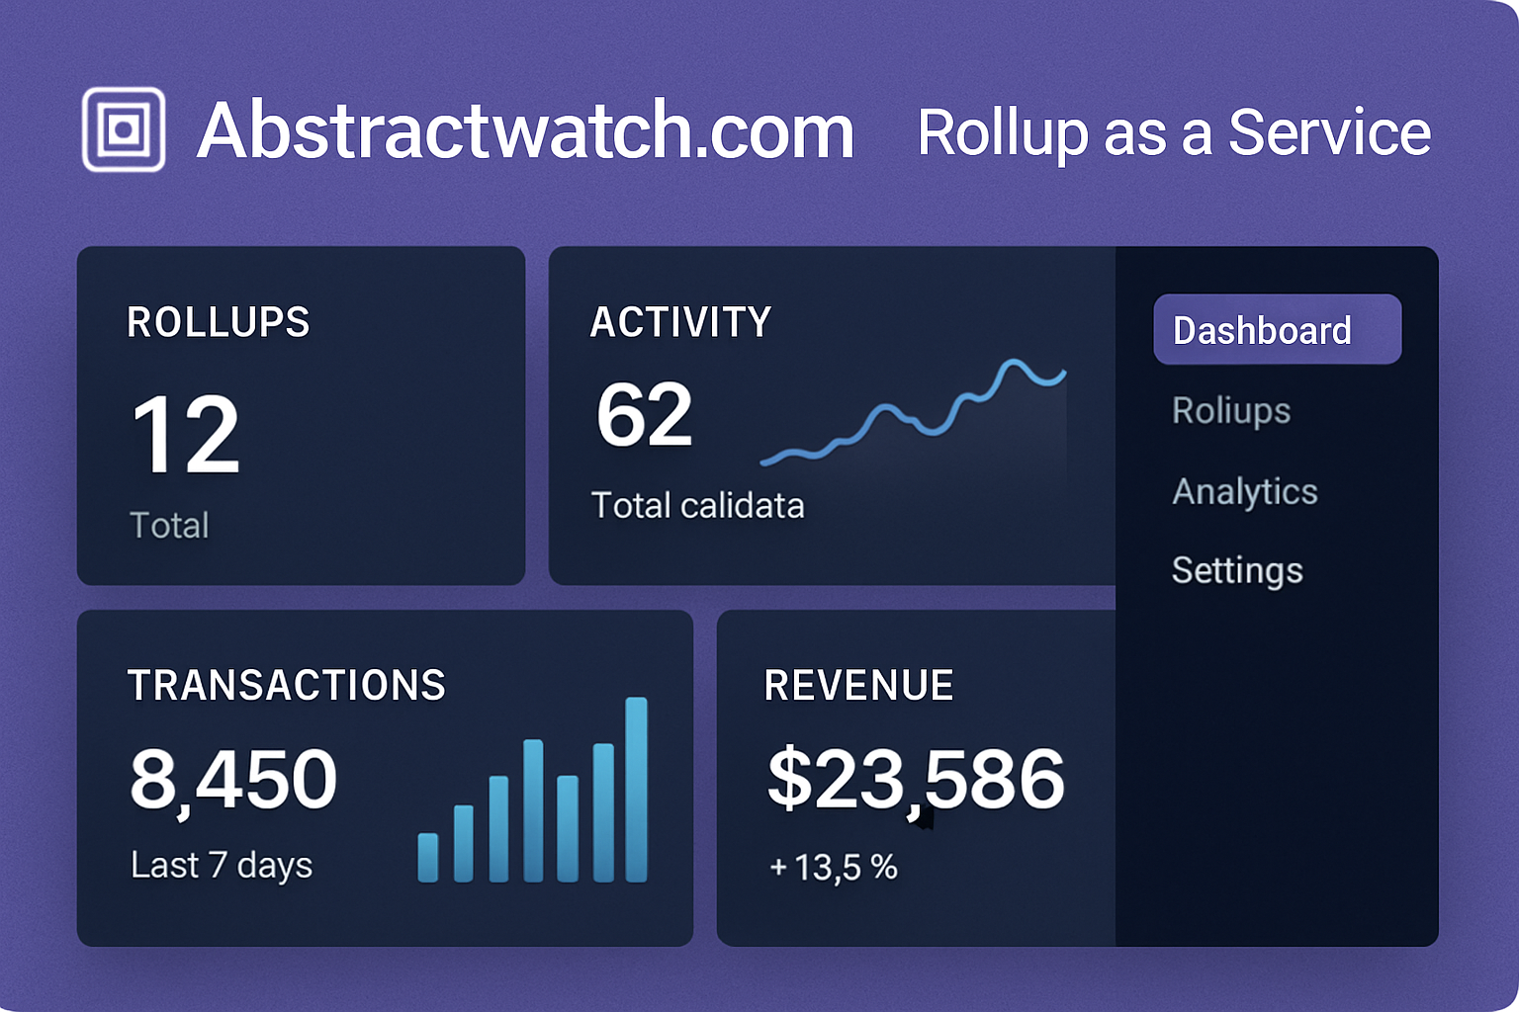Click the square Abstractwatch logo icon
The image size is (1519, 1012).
click(x=124, y=129)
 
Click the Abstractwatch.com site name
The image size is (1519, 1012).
click(x=525, y=130)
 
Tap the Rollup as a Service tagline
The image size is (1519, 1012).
click(x=1174, y=132)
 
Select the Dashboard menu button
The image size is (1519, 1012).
click(x=1277, y=330)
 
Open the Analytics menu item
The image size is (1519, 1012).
click(x=1244, y=491)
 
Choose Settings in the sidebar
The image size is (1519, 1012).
click(x=1236, y=570)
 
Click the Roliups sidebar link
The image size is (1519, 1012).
click(x=1230, y=410)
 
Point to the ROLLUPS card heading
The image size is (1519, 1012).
click(x=219, y=322)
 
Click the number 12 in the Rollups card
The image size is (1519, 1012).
click(x=186, y=434)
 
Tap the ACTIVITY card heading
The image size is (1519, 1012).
click(x=680, y=322)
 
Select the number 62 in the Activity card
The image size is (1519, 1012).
click(x=644, y=414)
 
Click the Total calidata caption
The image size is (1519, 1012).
click(x=697, y=506)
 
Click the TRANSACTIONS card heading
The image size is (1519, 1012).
click(x=287, y=686)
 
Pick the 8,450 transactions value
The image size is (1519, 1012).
click(x=233, y=780)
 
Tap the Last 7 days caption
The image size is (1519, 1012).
click(x=222, y=866)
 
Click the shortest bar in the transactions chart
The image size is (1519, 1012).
click(x=428, y=857)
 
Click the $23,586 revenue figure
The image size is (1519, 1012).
click(x=916, y=780)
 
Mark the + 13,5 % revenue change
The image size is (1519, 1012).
click(x=833, y=868)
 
